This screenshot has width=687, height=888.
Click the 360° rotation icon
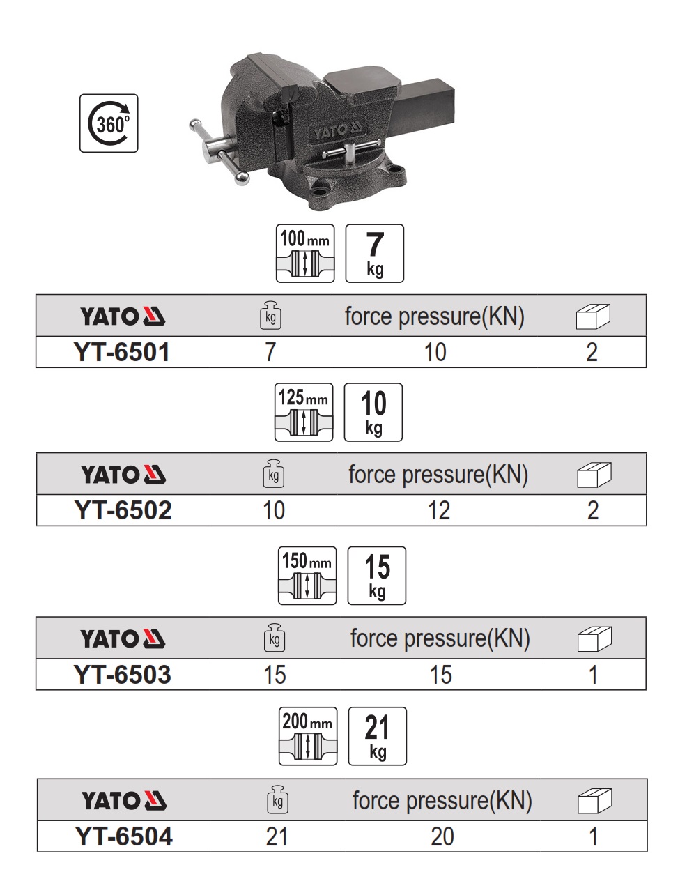pyautogui.click(x=109, y=123)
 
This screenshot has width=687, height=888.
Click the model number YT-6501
pyautogui.click(x=122, y=353)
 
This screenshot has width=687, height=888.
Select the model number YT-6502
pyautogui.click(x=123, y=511)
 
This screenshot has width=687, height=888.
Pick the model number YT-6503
pyautogui.click(x=122, y=675)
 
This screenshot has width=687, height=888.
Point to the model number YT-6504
pyautogui.click(x=123, y=836)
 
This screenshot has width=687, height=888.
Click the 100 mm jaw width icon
pyautogui.click(x=305, y=253)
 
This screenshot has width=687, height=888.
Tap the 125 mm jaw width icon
pyautogui.click(x=304, y=412)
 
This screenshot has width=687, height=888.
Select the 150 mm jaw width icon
pyautogui.click(x=307, y=575)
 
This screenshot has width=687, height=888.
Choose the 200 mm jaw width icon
pyautogui.click(x=307, y=736)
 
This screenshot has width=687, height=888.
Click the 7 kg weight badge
pyautogui.click(x=375, y=253)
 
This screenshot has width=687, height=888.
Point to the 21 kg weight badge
pyautogui.click(x=377, y=736)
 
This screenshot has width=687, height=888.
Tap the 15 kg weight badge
pyautogui.click(x=376, y=575)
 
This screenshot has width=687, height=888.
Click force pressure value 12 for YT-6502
pyautogui.click(x=439, y=511)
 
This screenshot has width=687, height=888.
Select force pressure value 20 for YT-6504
pyautogui.click(x=442, y=836)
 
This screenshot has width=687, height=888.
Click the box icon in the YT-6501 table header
pyautogui.click(x=592, y=317)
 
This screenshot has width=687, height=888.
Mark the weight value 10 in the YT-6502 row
pyautogui.click(x=273, y=511)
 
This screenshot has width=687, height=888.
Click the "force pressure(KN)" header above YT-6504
pyautogui.click(x=442, y=801)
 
